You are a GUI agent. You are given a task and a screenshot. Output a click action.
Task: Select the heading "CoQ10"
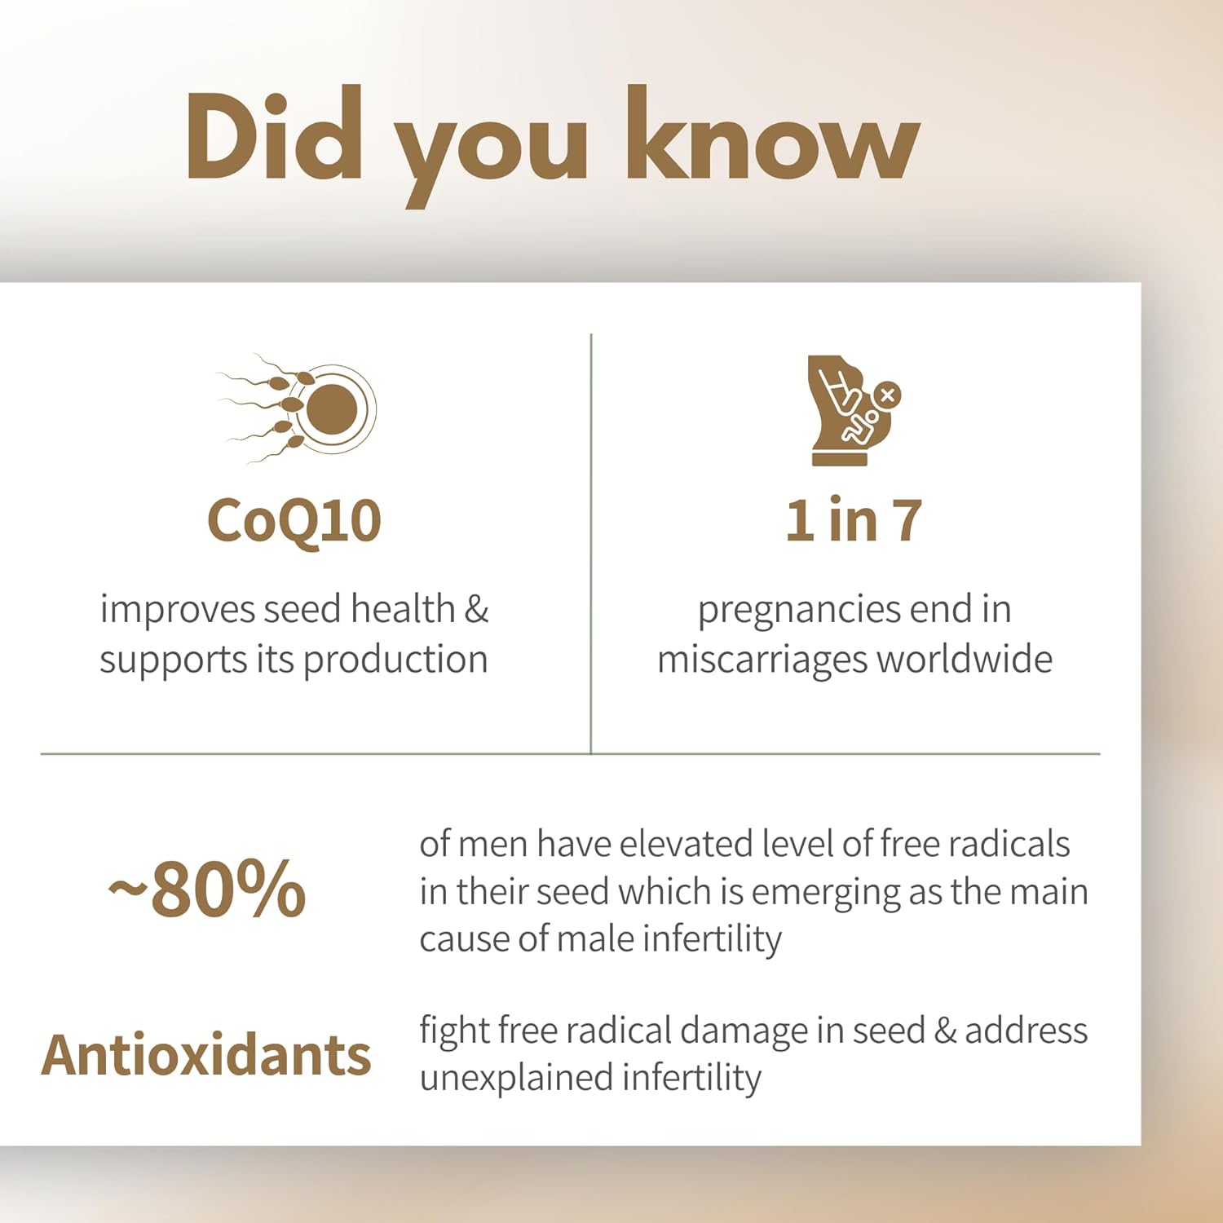[x=294, y=521]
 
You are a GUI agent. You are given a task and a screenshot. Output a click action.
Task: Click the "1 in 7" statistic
[x=854, y=521]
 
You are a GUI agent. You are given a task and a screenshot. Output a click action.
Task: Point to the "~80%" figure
[x=208, y=890]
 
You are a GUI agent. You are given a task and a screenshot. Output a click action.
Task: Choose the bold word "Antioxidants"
[x=206, y=1055]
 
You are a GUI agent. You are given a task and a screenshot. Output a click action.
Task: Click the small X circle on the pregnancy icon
[x=888, y=395]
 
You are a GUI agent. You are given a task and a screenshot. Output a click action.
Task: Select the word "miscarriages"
[x=762, y=659]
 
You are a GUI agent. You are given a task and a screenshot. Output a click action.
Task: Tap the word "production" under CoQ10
[x=395, y=659]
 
